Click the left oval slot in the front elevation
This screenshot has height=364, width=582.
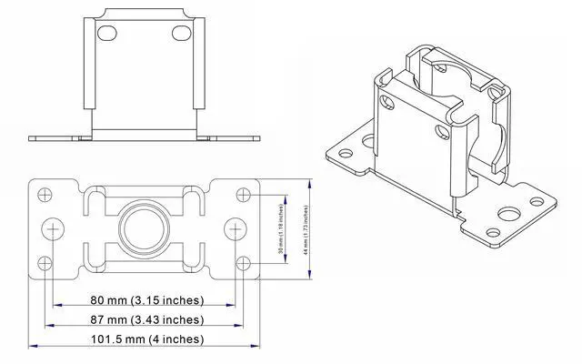[x=107, y=33]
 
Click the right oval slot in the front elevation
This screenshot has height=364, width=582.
[x=182, y=33]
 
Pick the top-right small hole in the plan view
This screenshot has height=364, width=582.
[x=243, y=193]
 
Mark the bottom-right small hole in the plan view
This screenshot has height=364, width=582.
[x=243, y=263]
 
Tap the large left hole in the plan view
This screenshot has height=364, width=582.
[x=54, y=227]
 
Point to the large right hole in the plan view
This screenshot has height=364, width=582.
[x=236, y=227]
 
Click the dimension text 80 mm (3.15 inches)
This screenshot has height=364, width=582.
[x=145, y=300]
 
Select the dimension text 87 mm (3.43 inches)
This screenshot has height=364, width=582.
[x=145, y=319]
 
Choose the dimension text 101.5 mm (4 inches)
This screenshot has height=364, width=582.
[x=145, y=339]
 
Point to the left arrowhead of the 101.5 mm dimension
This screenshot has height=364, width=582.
[x=34, y=346]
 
